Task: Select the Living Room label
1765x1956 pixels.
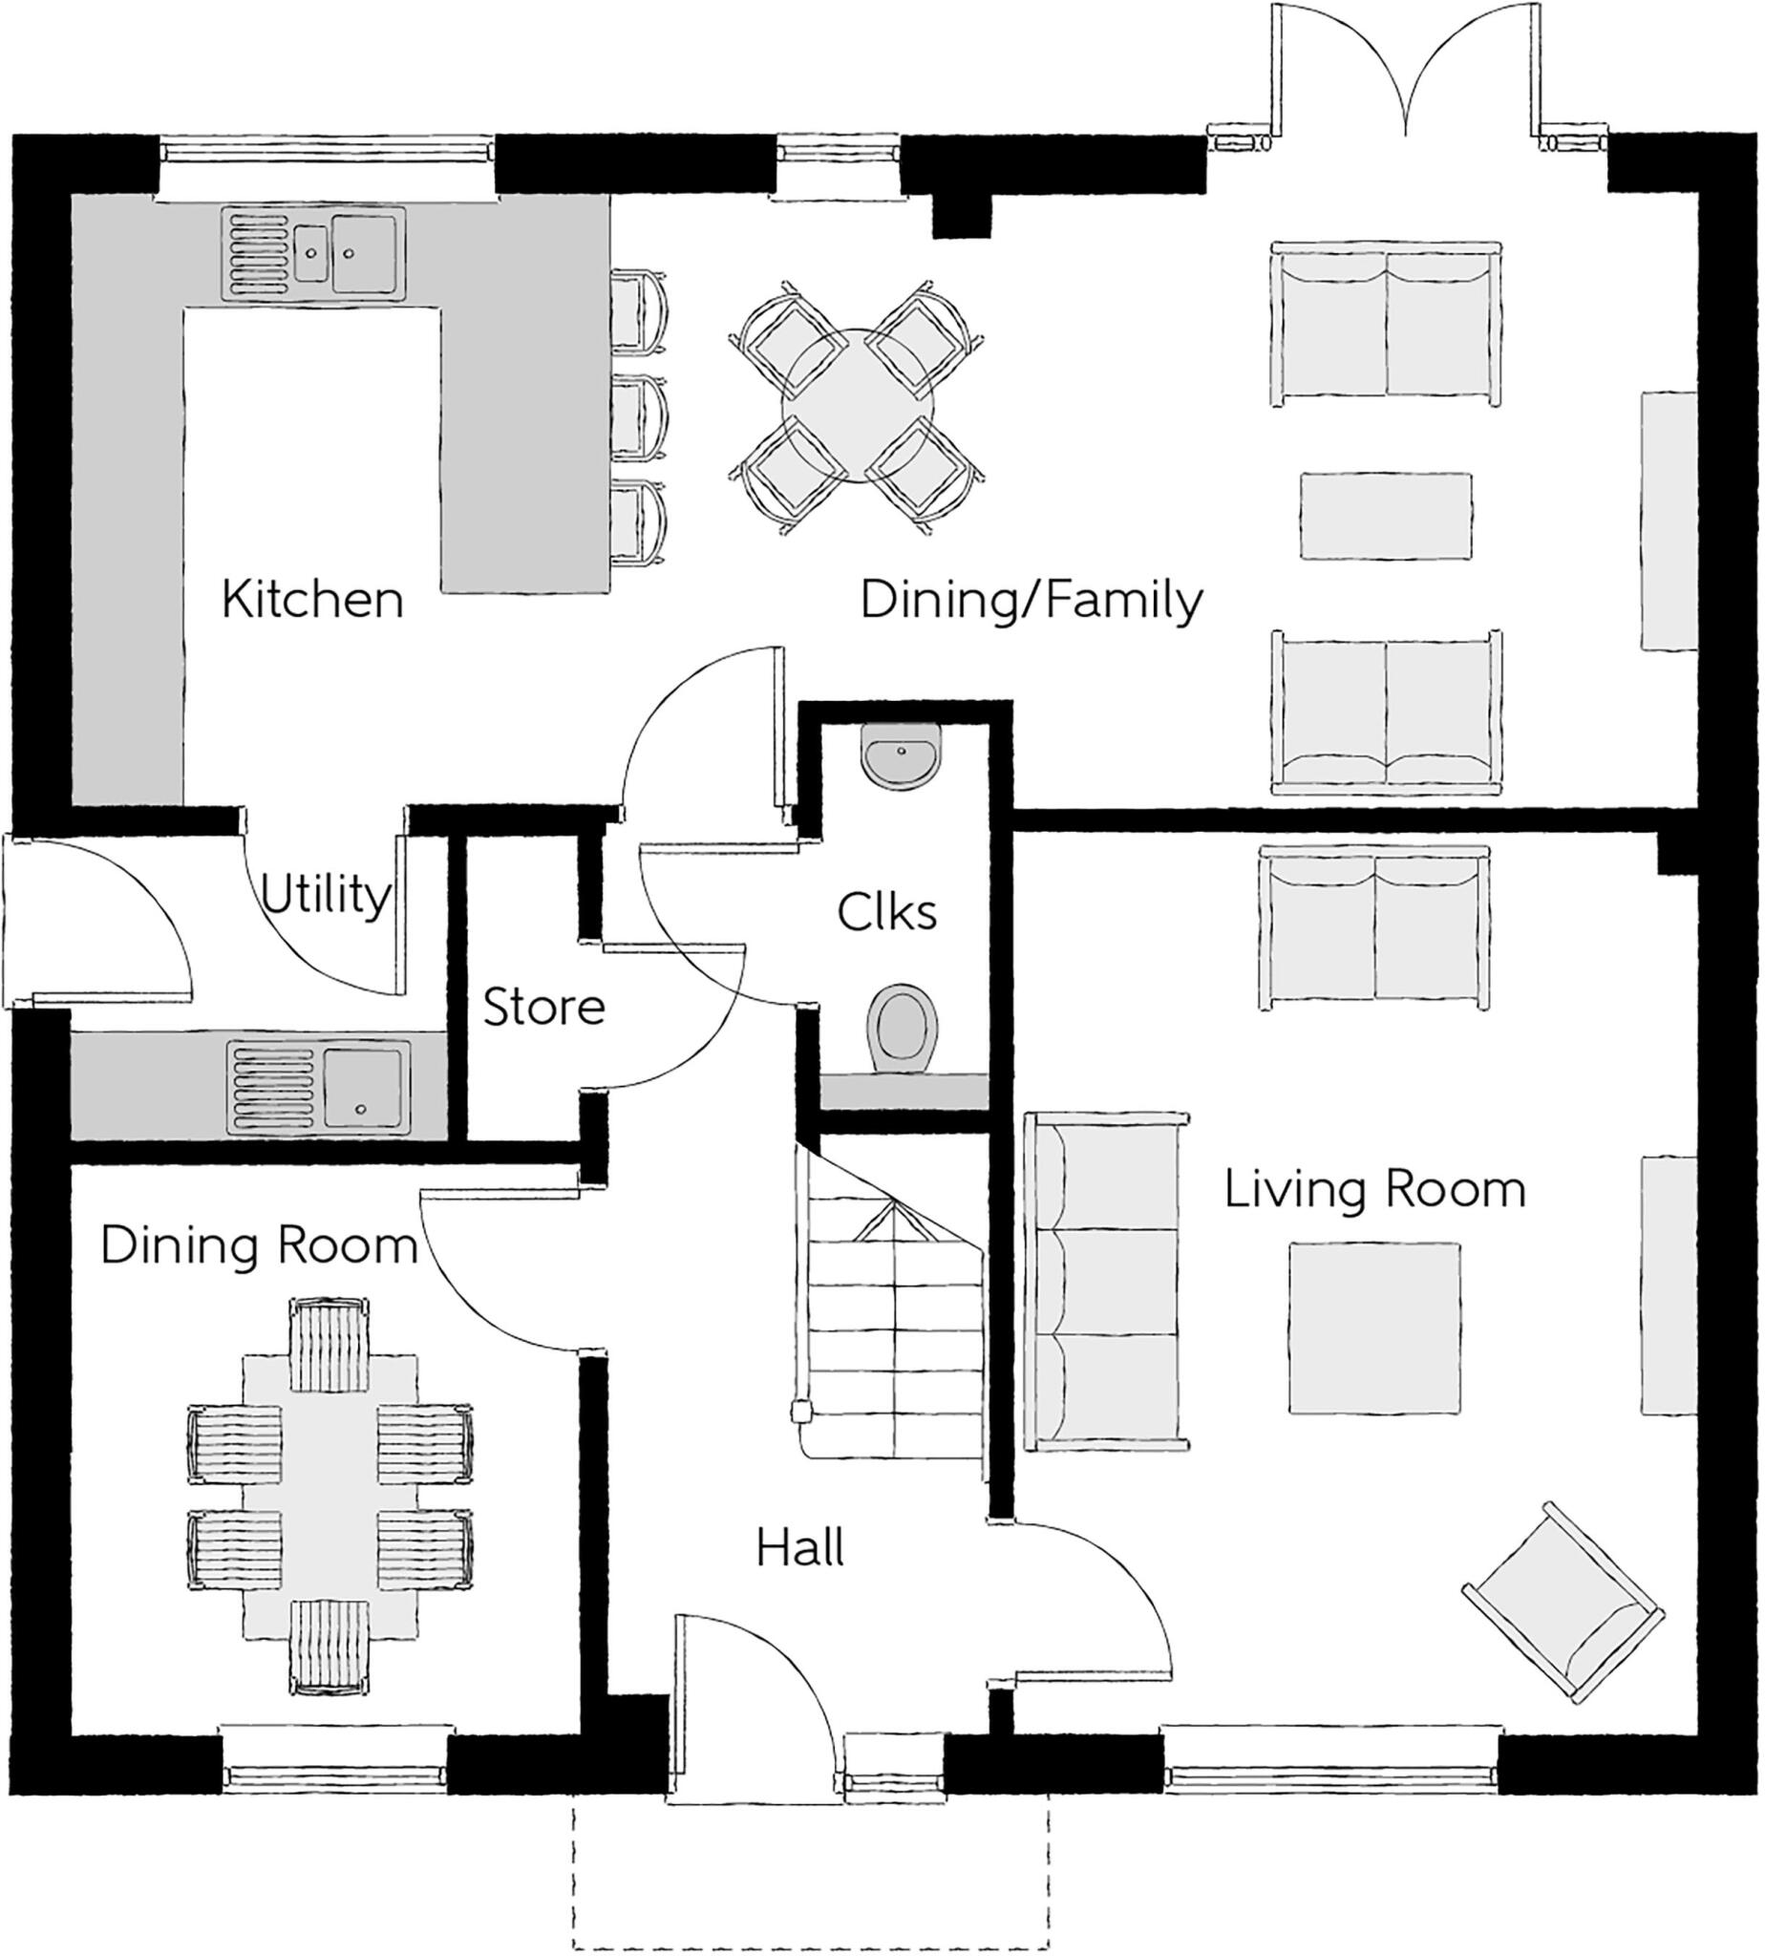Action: [x=1374, y=1190]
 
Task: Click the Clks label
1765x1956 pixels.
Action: [x=886, y=911]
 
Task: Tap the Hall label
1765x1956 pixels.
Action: [x=800, y=1548]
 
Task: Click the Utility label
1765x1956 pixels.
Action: [x=326, y=894]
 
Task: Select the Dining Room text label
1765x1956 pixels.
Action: [x=259, y=1245]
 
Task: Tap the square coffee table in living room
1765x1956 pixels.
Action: [x=1374, y=1328]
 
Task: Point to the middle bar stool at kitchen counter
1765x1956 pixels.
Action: [x=640, y=418]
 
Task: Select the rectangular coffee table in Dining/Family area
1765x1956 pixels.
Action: [x=1385, y=516]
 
